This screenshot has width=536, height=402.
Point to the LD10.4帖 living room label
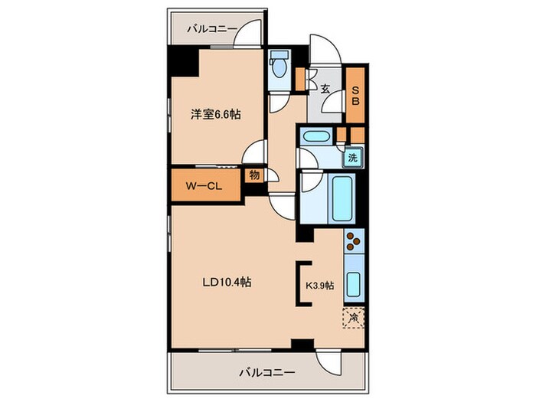227,283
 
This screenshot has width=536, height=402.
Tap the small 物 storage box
254,175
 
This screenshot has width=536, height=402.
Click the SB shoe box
355,94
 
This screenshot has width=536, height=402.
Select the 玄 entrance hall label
325,89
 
